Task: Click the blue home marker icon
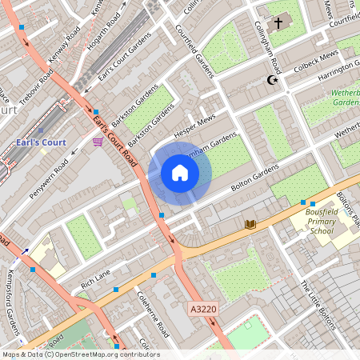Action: click(180, 173)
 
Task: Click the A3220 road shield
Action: click(204, 308)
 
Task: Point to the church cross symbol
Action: click(278, 23)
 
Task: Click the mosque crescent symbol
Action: click(272, 80)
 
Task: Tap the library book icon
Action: click(250, 225)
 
